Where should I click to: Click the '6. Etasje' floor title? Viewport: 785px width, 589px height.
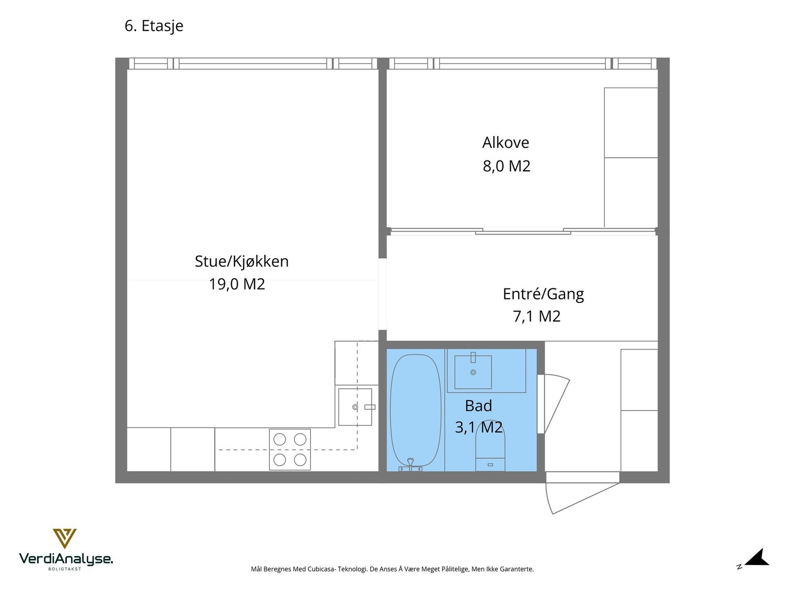154,26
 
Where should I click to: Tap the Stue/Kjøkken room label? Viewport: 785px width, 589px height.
241,261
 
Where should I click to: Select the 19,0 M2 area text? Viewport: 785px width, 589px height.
237,284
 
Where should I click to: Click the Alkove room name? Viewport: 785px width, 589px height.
505,143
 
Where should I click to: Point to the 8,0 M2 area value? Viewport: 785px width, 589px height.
506,166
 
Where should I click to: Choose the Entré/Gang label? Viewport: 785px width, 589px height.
543,294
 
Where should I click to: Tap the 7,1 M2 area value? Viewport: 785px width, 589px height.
536,317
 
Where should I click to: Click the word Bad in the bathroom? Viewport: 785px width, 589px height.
478,406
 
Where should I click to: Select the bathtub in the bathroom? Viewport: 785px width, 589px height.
415,410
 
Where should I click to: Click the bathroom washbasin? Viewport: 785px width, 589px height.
473,372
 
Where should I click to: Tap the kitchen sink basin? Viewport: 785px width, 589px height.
355,407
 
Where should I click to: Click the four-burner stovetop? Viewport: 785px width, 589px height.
290,450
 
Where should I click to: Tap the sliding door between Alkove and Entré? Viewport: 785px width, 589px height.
523,232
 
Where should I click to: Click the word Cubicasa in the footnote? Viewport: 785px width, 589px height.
322,569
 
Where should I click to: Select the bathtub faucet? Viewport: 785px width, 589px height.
411,464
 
